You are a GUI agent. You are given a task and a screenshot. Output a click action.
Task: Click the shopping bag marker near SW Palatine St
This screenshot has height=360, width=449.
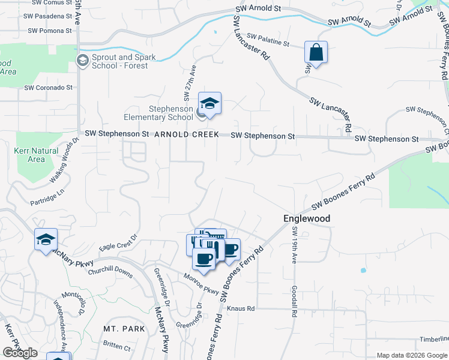[316, 52]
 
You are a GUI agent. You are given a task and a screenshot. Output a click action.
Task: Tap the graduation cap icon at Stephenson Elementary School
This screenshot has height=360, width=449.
[209, 104]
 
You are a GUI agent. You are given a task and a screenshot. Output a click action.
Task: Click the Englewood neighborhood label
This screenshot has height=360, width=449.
[307, 219]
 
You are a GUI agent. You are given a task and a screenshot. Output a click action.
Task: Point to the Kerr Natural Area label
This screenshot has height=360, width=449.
[36, 155]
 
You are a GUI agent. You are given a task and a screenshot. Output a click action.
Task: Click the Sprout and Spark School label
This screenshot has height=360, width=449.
[123, 61]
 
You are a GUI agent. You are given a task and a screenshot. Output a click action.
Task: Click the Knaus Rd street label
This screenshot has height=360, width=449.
[241, 308]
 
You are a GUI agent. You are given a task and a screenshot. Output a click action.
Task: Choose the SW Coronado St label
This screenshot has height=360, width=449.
[48, 88]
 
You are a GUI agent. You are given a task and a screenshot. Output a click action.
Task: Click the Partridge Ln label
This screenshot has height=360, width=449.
[47, 195]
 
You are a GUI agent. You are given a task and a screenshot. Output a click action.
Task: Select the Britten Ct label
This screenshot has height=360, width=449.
[116, 347]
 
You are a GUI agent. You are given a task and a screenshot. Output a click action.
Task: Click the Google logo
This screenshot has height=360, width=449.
[20, 353]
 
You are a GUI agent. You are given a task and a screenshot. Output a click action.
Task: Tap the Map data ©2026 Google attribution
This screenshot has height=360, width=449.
[412, 355]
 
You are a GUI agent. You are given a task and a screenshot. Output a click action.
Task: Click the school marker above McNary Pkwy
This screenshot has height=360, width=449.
[46, 240]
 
